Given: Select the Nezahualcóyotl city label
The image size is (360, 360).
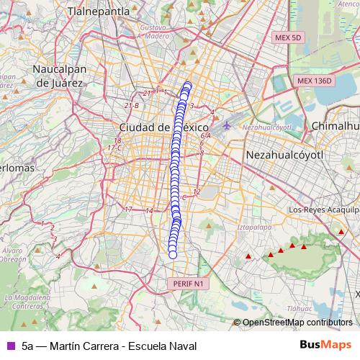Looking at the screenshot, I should click(x=286, y=155).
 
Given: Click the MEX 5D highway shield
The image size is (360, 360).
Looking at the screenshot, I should click(x=287, y=37).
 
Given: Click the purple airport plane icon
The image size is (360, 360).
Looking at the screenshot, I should click(x=228, y=124).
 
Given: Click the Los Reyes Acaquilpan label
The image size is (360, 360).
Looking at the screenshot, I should click(x=322, y=210).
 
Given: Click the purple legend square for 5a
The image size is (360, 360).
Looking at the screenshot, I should click(x=10, y=346).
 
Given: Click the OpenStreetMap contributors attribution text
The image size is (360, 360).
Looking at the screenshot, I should click(x=297, y=323).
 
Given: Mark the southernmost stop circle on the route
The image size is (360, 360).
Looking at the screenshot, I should click(x=172, y=253).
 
